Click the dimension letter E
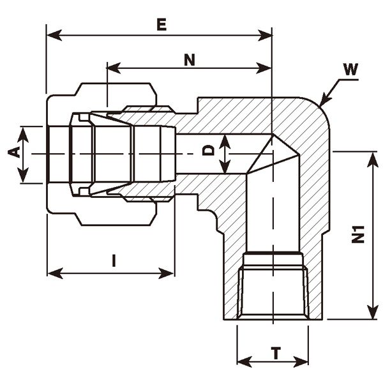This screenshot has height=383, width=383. [161, 25]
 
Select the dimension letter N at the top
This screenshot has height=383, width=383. [189, 60]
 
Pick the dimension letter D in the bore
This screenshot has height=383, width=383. [207, 151]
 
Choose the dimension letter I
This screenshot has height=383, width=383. [114, 260]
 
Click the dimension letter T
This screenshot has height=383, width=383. [276, 352]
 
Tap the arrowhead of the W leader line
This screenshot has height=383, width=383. [321, 102]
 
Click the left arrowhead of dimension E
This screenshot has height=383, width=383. [51, 34]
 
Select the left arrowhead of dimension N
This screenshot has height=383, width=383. [112, 67]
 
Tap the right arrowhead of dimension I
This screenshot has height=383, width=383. [169, 273]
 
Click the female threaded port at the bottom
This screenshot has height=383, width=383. [275, 290]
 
